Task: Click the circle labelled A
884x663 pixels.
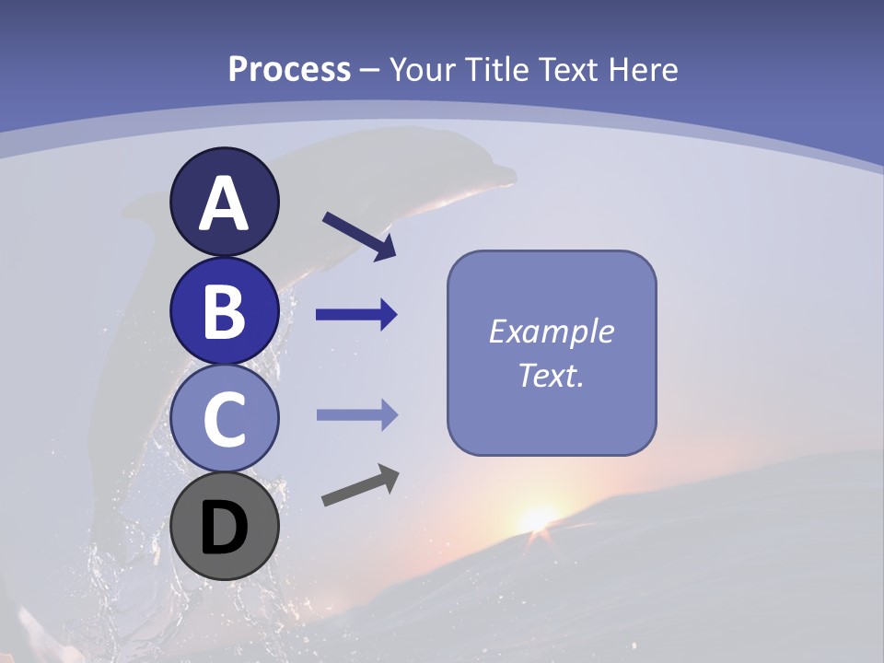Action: pos(224,203)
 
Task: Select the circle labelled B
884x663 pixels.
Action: pos(224,310)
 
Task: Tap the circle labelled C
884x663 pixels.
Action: pos(224,418)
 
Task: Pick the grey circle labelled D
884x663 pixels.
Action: pos(224,526)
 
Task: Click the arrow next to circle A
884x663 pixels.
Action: pos(359,235)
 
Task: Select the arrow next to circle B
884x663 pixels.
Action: pos(356,315)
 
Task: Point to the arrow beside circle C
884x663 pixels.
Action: pos(356,415)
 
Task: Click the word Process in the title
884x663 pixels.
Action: pos(289,70)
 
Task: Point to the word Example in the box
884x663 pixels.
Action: pos(551,331)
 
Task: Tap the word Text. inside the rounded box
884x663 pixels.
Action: pos(551,375)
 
